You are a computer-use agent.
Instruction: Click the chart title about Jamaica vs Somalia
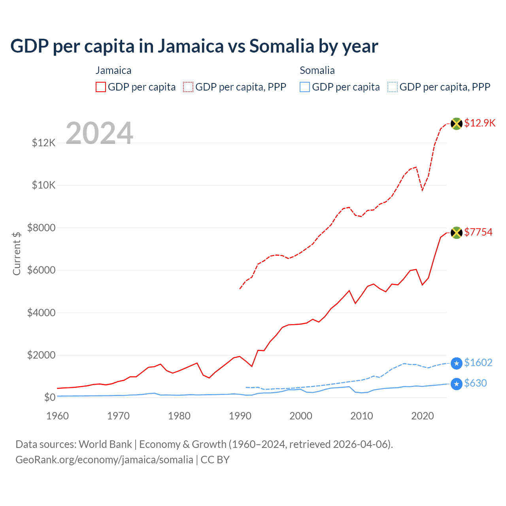click(194, 46)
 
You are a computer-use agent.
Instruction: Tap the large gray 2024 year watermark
click(99, 133)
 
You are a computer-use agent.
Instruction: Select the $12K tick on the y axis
click(44, 143)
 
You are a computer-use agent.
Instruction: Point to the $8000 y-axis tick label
click(42, 228)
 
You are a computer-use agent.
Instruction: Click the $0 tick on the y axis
click(50, 397)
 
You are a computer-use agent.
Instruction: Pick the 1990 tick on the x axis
click(240, 416)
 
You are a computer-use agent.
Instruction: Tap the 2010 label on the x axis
click(362, 416)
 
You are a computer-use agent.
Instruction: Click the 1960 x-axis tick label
click(58, 416)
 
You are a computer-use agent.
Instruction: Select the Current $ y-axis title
click(17, 253)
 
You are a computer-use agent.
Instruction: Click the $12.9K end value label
click(480, 123)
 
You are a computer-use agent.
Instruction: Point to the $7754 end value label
click(478, 232)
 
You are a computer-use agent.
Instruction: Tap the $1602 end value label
click(478, 363)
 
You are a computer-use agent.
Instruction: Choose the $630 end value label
click(476, 383)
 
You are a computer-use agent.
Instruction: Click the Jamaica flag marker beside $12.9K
click(457, 124)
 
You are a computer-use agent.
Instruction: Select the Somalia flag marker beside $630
click(457, 384)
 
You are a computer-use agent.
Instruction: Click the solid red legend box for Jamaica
click(101, 87)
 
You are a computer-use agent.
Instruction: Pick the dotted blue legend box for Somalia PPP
click(393, 87)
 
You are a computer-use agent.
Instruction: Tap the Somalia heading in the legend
click(317, 70)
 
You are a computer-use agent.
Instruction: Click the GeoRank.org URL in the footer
click(104, 460)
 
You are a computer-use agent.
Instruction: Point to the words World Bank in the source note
click(105, 444)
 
